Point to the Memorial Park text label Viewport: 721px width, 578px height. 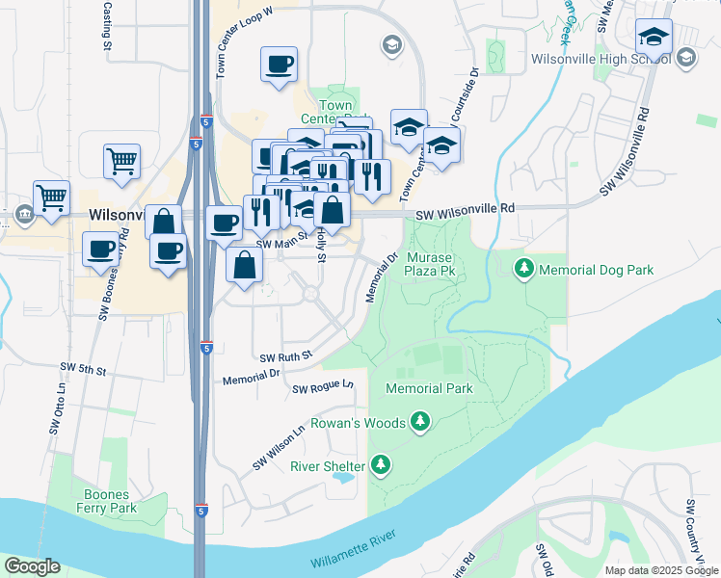[429, 388]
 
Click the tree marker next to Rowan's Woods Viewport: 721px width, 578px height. [419, 422]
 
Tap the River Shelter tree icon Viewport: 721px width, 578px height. [382, 466]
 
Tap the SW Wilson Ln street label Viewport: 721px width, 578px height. [279, 448]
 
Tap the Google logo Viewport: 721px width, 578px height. [33, 566]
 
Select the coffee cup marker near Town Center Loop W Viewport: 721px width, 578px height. [279, 66]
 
